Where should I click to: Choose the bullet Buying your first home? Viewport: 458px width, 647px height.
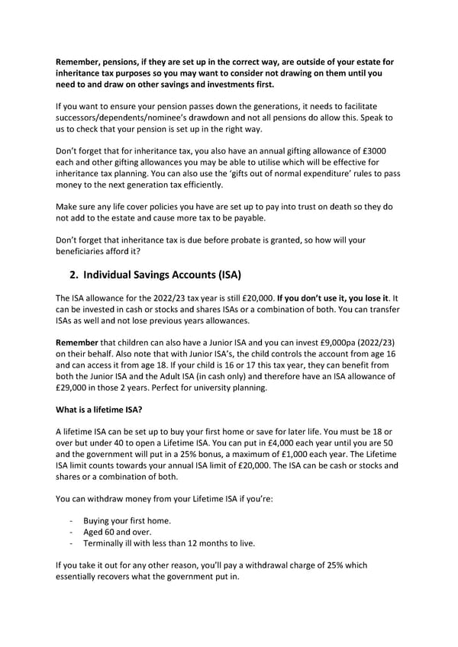click(127, 520)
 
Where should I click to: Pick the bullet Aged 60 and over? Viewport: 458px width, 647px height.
click(117, 532)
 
